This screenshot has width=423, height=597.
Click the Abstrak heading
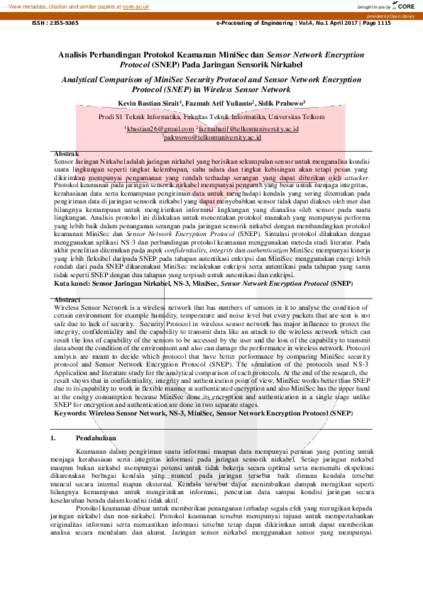coord(67,154)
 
